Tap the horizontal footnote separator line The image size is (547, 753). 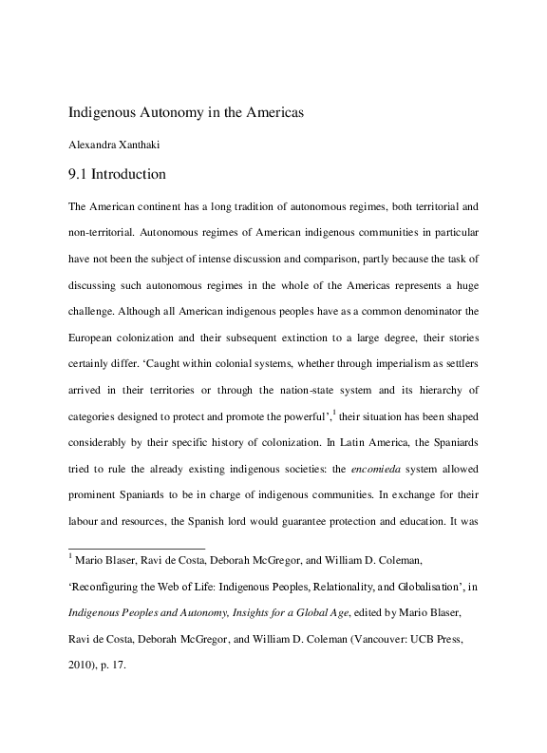[137, 549]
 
